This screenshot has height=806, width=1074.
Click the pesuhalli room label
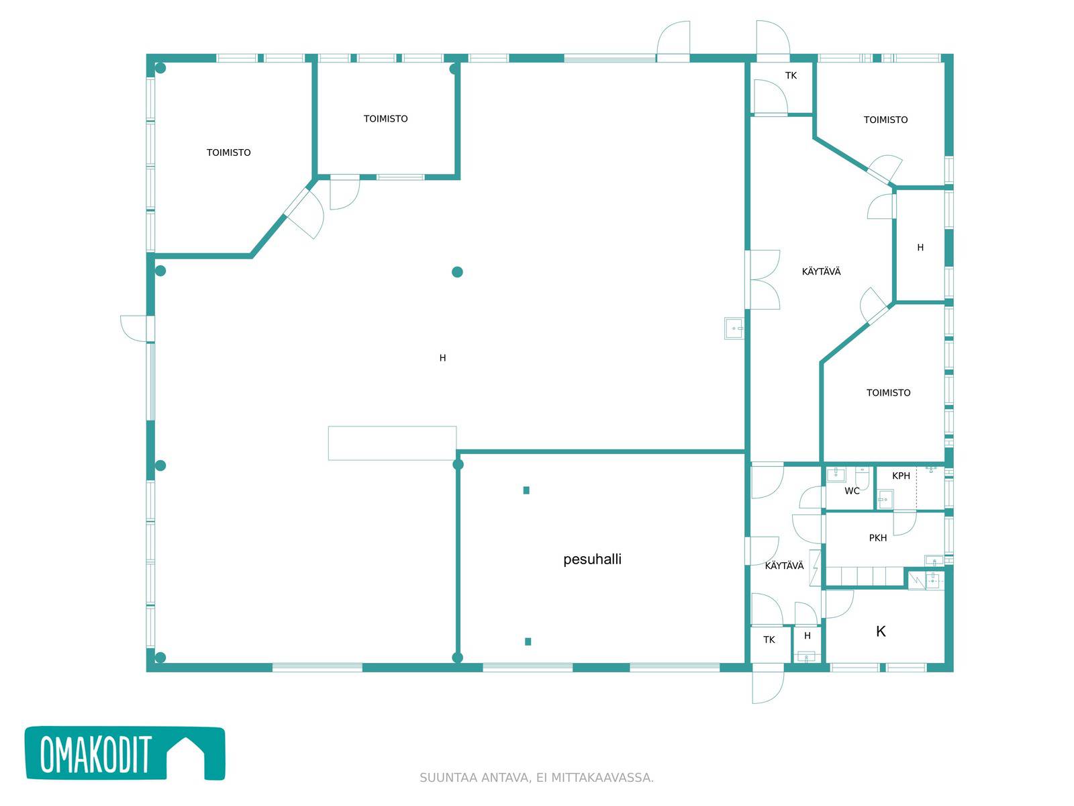tap(592, 559)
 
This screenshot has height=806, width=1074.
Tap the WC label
tap(852, 491)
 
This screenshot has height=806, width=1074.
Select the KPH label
tap(901, 476)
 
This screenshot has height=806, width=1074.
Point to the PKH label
tap(878, 538)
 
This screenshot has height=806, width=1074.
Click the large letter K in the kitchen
tap(881, 631)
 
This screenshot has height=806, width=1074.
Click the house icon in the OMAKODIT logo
tap(186, 756)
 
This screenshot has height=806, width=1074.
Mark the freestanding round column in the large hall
tap(457, 272)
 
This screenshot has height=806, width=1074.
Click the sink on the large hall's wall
tap(734, 328)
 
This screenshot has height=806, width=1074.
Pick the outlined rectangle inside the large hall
tap(392, 443)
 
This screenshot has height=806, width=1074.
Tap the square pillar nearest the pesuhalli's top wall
tap(526, 490)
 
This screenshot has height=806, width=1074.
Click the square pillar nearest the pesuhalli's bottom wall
tap(528, 641)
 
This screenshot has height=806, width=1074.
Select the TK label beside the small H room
tap(769, 639)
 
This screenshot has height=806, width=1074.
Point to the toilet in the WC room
tap(862, 478)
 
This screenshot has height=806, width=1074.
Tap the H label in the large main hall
tap(442, 358)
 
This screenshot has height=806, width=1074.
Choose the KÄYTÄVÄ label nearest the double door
tap(821, 271)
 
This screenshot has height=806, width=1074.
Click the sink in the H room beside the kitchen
tap(806, 657)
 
